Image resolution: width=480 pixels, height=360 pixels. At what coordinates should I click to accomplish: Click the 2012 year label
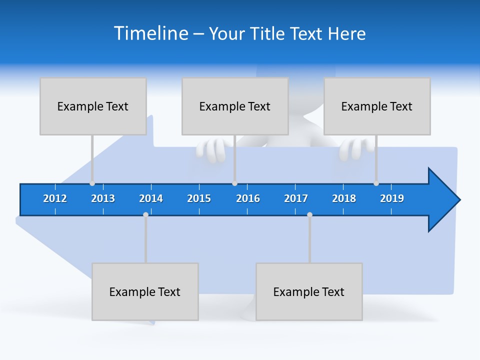(55, 198)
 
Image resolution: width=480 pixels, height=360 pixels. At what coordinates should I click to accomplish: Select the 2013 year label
(103, 198)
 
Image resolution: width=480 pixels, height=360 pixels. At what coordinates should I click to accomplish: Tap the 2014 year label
(151, 198)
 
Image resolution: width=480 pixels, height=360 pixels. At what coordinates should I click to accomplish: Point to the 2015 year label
(199, 198)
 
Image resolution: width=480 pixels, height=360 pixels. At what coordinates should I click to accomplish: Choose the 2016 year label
(248, 198)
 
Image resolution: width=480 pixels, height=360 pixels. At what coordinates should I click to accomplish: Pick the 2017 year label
(296, 198)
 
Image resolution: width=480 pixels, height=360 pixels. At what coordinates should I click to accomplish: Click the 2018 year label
(344, 198)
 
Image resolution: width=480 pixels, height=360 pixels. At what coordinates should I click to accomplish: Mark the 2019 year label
(392, 198)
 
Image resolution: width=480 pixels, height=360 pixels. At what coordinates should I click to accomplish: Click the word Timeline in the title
(151, 33)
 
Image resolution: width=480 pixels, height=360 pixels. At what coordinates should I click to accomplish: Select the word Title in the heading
(268, 33)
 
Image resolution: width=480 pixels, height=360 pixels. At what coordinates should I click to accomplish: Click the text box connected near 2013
(93, 106)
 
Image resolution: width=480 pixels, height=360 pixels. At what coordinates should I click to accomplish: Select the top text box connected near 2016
(235, 106)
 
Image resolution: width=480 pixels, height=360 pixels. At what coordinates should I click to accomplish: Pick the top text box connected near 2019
(377, 106)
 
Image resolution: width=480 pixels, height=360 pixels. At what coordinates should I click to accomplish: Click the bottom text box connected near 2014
(145, 291)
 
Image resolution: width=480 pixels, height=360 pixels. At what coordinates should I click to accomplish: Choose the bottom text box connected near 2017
(309, 291)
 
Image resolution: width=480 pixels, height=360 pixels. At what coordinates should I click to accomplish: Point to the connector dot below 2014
(145, 214)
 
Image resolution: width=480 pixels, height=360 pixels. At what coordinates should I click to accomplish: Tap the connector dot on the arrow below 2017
(309, 214)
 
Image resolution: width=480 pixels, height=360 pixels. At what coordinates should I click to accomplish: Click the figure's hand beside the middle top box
(212, 150)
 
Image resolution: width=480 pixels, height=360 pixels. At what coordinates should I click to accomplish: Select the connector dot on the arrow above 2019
(376, 183)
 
